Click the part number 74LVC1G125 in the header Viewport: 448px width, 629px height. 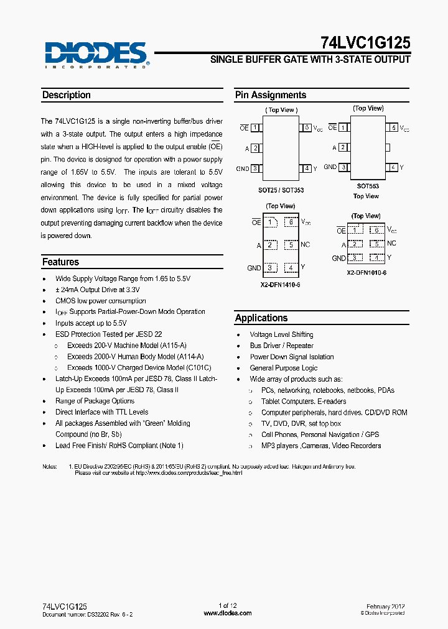pyautogui.click(x=366, y=43)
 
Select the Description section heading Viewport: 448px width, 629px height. pyautogui.click(x=66, y=95)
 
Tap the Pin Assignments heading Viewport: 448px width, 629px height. pyautogui.click(x=271, y=95)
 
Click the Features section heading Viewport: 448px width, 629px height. pyautogui.click(x=60, y=262)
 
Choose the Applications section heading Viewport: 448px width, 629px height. pyautogui.click(x=261, y=318)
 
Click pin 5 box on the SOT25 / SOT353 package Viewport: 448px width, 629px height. pyautogui.click(x=306, y=128)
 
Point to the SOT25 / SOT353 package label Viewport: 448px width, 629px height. pyautogui.click(x=281, y=190)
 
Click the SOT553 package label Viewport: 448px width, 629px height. pyautogui.click(x=368, y=186)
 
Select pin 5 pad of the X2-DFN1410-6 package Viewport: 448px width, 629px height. pyautogui.click(x=291, y=245)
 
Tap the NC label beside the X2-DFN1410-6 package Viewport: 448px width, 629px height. pyautogui.click(x=305, y=245)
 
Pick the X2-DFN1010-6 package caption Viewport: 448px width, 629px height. pyautogui.click(x=366, y=273)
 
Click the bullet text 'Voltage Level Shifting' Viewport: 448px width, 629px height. pyautogui.click(x=281, y=334)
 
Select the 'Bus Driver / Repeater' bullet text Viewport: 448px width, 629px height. pyautogui.click(x=281, y=346)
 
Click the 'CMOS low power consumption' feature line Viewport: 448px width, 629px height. pyautogui.click(x=100, y=301)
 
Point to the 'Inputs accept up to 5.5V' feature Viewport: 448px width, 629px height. pyautogui.click(x=91, y=323)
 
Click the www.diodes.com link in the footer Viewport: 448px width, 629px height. pyautogui.click(x=228, y=613)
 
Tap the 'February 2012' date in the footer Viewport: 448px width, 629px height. pyautogui.click(x=386, y=606)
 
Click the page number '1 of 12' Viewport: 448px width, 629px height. pyautogui.click(x=228, y=606)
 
